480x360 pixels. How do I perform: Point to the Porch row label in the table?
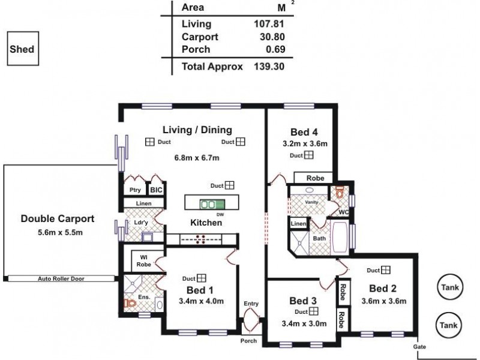pyautogui.click(x=196, y=49)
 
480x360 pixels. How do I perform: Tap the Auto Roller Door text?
pyautogui.click(x=61, y=279)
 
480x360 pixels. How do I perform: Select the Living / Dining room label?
pyautogui.click(x=197, y=130)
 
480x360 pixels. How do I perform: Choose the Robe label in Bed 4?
pyautogui.click(x=315, y=178)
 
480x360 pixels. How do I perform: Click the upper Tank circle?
pyautogui.click(x=449, y=287)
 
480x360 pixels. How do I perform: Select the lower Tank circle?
pyautogui.click(x=449, y=325)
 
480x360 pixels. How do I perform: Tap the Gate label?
pyautogui.click(x=420, y=347)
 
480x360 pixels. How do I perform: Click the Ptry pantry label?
pyautogui.click(x=135, y=190)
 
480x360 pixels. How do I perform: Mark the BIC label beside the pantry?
pyautogui.click(x=156, y=190)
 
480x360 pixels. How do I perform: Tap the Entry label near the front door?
pyautogui.click(x=251, y=304)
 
